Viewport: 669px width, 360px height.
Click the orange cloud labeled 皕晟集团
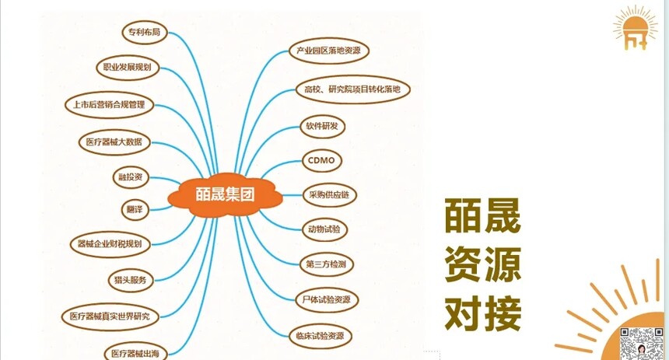tap(225, 195)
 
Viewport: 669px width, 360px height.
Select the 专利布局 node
tap(144, 33)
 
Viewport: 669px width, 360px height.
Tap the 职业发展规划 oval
tap(127, 68)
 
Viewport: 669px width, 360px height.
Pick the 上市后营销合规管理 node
tap(109, 105)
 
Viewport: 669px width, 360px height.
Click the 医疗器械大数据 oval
tap(114, 142)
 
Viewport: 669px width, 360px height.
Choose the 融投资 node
tap(131, 177)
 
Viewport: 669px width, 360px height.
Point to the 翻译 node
tap(135, 209)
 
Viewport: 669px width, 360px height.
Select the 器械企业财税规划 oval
tap(110, 244)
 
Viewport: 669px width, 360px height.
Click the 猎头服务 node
tap(131, 280)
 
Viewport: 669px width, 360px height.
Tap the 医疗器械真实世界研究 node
tap(110, 316)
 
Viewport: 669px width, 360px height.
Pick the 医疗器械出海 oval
tap(135, 353)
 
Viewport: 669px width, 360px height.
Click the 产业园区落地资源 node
tap(328, 51)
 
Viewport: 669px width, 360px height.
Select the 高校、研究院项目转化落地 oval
tap(352, 89)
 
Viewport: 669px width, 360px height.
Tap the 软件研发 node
tap(322, 126)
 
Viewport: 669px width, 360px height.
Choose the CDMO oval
tap(322, 161)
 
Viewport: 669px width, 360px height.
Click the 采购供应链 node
tap(329, 195)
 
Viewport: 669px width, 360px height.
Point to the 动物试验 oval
tap(324, 229)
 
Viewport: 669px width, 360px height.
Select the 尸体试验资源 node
tap(327, 300)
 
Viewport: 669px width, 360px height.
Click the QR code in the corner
tap(641, 344)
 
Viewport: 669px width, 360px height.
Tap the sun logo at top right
tap(635, 28)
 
